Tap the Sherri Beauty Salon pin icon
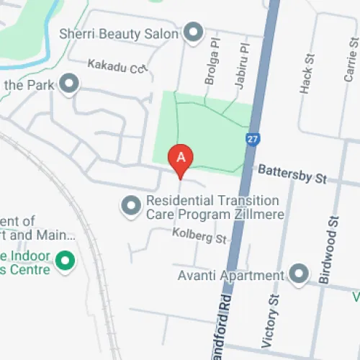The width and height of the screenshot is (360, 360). click(192, 32)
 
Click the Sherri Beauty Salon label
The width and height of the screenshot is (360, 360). click(118, 32)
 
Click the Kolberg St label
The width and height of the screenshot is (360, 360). click(199, 235)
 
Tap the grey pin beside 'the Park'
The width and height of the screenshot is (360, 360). click(69, 85)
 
